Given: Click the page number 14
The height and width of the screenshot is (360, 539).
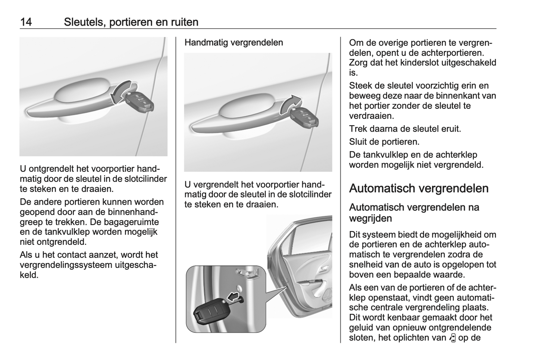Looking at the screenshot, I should click(x=26, y=22).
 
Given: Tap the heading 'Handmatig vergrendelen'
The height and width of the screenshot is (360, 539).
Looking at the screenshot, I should click(x=234, y=42).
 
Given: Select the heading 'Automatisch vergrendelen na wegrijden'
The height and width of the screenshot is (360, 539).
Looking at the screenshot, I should click(x=414, y=212).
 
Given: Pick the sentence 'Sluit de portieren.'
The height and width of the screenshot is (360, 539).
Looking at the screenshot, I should click(x=384, y=142).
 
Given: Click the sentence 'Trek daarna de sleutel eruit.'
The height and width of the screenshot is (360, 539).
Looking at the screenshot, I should click(x=405, y=129).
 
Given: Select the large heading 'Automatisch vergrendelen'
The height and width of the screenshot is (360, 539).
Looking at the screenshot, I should click(x=419, y=188).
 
